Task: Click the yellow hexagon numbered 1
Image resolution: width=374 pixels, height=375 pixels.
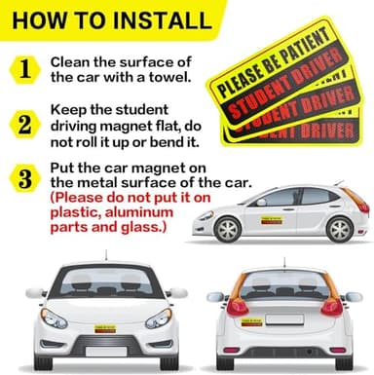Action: pyautogui.click(x=24, y=67)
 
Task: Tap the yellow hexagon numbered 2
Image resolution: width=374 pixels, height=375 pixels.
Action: pyautogui.click(x=24, y=124)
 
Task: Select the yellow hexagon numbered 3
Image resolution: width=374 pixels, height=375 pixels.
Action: pyautogui.click(x=24, y=179)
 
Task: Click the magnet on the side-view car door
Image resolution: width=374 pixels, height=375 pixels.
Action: pyautogui.click(x=271, y=220)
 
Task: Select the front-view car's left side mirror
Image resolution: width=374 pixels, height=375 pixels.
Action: pyautogui.click(x=35, y=292)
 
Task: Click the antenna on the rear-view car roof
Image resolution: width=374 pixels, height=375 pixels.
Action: pyautogui.click(x=283, y=261)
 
